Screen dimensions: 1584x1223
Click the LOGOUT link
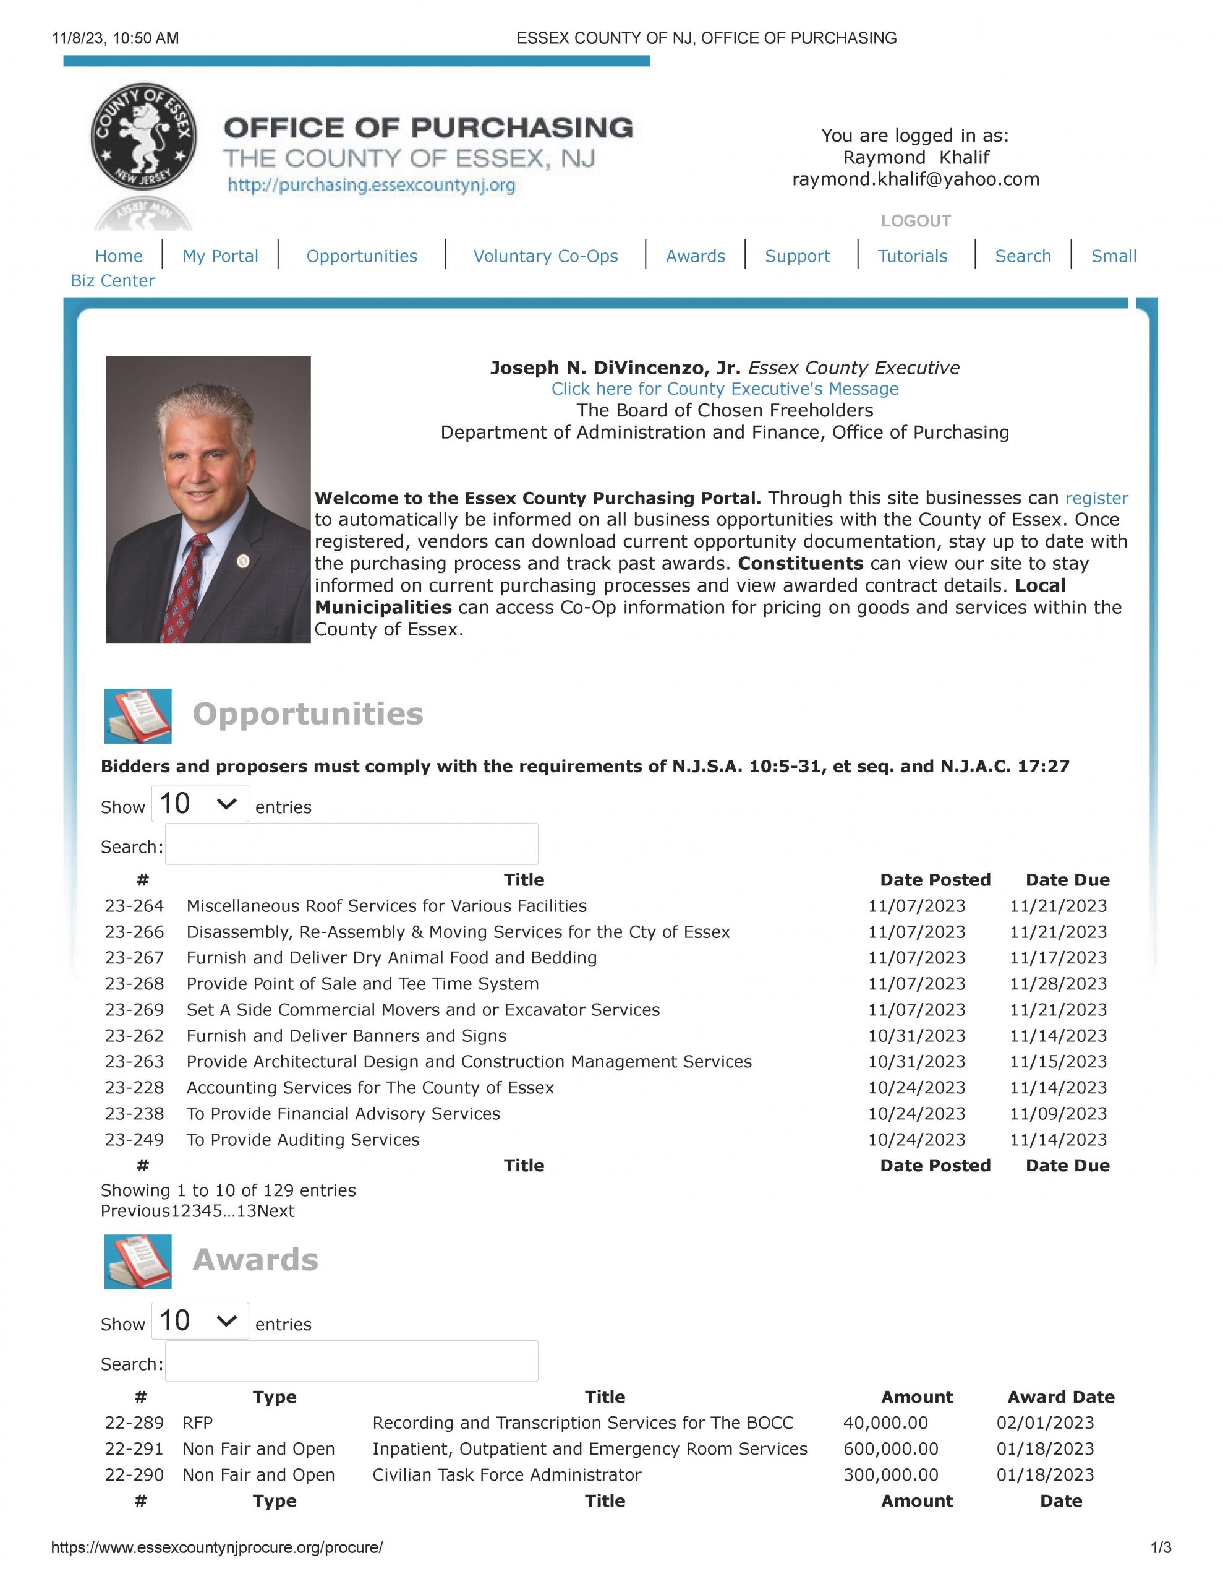[915, 220]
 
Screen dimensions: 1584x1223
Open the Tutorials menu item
[912, 256]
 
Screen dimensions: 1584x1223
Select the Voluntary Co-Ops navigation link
[545, 256]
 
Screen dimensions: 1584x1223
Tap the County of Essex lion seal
[143, 136]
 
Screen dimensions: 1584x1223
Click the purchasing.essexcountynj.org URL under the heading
[371, 185]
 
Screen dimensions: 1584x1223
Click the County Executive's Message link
[724, 389]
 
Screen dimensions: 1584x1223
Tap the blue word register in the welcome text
[1096, 498]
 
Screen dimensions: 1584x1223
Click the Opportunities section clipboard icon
[138, 716]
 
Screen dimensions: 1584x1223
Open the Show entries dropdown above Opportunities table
[199, 804]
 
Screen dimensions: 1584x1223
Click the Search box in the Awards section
[352, 1361]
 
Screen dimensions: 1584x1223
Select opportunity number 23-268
[134, 984]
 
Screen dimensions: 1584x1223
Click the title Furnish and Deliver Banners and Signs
[346, 1036]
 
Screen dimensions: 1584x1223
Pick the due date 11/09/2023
[1058, 1113]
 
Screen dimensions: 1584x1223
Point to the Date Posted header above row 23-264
[934, 880]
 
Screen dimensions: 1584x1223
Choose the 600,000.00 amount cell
[890, 1449]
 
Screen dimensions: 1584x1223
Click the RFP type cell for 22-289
[197, 1423]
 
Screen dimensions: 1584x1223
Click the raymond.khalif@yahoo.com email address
[915, 179]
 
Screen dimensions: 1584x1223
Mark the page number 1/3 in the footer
[1161, 1547]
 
